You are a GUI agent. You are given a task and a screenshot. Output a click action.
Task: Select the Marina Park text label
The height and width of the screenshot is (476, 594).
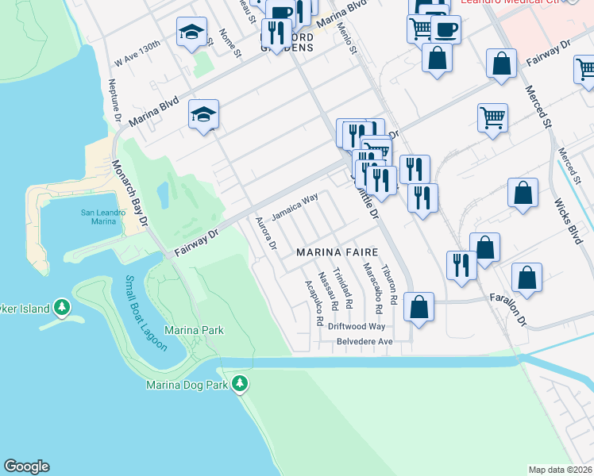[194, 330]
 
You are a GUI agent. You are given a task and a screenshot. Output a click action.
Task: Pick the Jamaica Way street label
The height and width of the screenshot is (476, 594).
[295, 208]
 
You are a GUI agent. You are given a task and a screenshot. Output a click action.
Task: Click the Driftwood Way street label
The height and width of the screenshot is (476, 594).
[357, 326]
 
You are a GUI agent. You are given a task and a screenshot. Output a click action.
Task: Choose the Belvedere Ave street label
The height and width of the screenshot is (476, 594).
[361, 341]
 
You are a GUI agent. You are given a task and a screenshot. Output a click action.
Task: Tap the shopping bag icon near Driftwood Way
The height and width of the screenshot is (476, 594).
[418, 305]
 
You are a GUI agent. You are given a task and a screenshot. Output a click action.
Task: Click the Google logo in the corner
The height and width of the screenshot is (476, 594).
[26, 466]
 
